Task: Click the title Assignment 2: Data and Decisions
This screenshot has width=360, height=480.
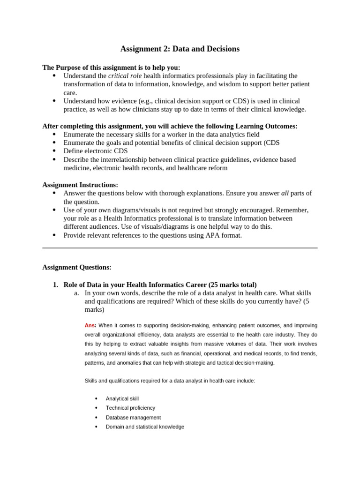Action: [x=180, y=49]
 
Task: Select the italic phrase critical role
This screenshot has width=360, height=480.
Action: [x=125, y=76]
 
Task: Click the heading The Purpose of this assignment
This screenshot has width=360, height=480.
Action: [x=111, y=67]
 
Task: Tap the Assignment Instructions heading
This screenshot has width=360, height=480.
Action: [x=80, y=185]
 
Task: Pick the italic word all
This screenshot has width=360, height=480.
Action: [x=285, y=193]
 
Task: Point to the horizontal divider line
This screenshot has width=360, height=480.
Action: [x=180, y=248]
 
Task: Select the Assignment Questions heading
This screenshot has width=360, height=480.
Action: [x=77, y=267]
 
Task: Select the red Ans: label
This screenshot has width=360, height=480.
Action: [x=90, y=325]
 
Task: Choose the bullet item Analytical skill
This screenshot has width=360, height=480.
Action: [x=122, y=398]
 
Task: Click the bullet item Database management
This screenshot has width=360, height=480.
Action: [x=133, y=417]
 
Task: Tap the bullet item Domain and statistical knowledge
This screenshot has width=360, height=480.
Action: [x=145, y=427]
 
